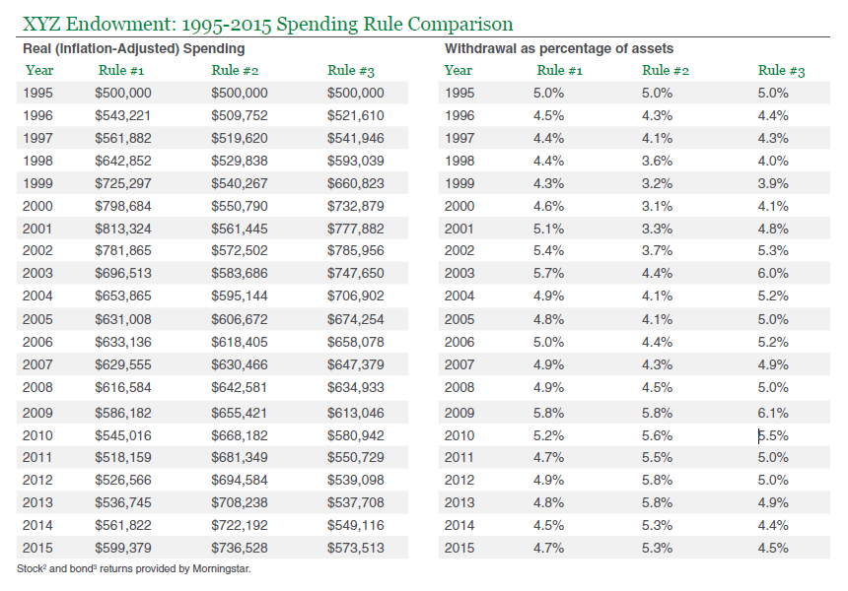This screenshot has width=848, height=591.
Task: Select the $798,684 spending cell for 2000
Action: tap(123, 207)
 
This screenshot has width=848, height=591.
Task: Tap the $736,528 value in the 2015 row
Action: tap(239, 548)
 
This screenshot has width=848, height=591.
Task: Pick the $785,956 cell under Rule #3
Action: tap(355, 250)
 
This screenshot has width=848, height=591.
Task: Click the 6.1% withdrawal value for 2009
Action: tap(773, 413)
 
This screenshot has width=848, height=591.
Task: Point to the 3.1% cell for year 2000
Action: tap(657, 207)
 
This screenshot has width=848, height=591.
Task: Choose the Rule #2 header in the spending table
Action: tap(235, 70)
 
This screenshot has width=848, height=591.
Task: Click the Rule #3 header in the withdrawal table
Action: tap(782, 70)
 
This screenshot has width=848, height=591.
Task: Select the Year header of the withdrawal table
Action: tap(459, 70)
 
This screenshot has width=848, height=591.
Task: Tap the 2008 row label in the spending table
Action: tap(37, 387)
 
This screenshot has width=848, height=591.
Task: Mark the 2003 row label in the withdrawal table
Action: tap(459, 274)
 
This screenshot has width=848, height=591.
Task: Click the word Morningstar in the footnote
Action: tap(221, 569)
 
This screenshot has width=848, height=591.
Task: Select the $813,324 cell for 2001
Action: tap(123, 230)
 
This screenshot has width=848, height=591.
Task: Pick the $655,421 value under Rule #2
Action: tap(239, 413)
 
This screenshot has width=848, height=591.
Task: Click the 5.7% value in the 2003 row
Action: tap(548, 274)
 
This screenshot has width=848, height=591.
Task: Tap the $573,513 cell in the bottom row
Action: tap(355, 548)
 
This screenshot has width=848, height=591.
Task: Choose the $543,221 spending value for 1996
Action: tap(123, 115)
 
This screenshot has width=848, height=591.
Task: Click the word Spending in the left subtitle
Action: tap(214, 49)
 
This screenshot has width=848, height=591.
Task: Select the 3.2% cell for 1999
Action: tap(657, 183)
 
